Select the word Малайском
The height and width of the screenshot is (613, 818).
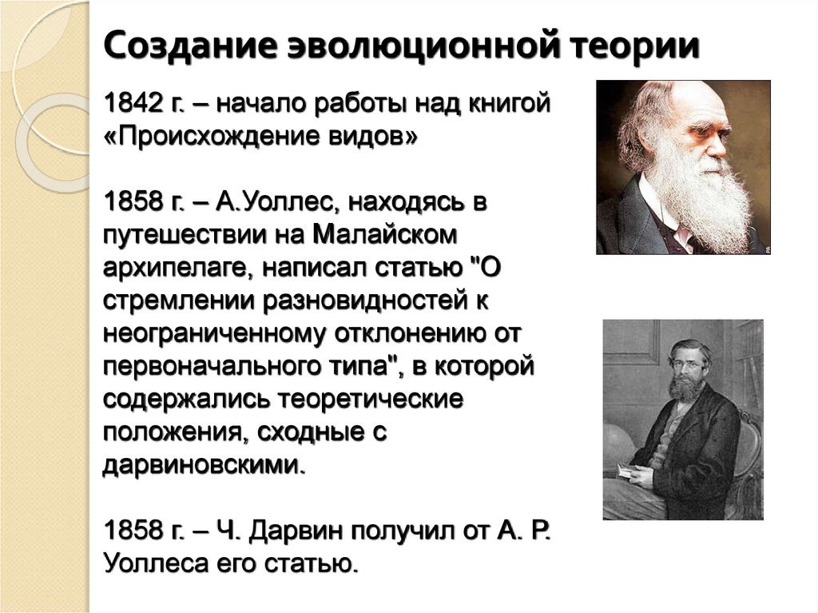(388, 236)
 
